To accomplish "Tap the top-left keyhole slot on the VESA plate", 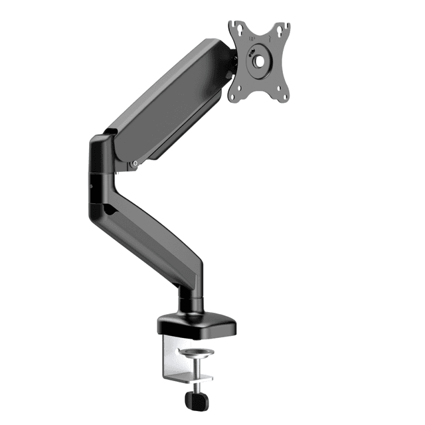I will pyautogui.click(x=234, y=29).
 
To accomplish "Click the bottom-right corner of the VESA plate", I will pyautogui.click(x=286, y=100).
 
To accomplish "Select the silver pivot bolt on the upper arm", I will pyautogui.click(x=135, y=161).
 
